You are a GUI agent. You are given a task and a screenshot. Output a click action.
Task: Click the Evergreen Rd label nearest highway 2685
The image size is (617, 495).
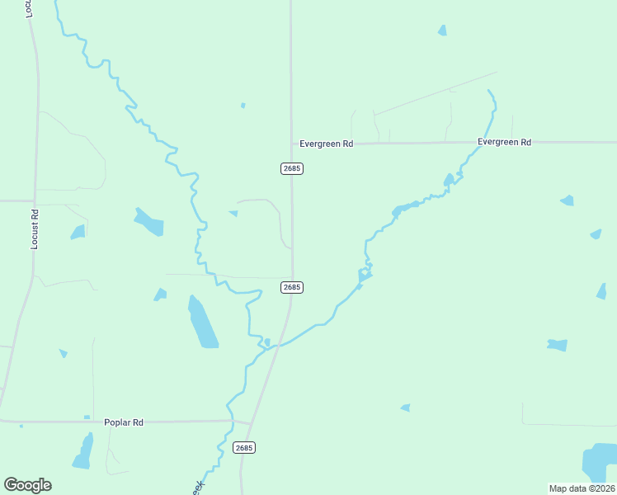(326, 144)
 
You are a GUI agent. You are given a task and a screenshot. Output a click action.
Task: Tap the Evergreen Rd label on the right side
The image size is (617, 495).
(504, 142)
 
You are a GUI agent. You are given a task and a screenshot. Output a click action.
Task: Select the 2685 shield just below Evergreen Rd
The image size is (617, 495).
(292, 168)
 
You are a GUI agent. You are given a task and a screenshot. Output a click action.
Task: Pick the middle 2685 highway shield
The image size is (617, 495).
(292, 287)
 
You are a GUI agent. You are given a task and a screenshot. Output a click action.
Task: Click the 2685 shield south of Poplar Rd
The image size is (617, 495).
(244, 448)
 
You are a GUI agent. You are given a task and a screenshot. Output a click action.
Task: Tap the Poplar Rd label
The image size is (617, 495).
(124, 422)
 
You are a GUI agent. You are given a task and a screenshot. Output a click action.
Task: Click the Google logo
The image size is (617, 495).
(27, 485)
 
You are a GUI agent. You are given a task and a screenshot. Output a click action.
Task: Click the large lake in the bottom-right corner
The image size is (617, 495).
(600, 463)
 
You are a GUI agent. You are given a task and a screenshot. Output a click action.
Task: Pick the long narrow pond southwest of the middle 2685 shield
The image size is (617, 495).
(202, 323)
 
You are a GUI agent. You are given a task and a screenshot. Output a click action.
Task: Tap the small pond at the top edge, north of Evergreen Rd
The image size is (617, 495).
(442, 31)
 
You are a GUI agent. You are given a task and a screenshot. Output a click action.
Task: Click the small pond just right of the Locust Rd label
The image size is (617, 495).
(78, 233)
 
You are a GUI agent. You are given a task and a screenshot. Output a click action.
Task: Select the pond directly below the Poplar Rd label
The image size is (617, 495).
(83, 451)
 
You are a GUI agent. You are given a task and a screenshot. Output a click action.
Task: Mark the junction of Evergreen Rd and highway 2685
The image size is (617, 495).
(291, 144)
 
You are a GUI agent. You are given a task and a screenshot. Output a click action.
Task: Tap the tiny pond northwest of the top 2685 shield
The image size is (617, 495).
(243, 106)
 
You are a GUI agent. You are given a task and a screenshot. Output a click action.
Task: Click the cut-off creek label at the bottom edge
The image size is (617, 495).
(198, 488)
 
